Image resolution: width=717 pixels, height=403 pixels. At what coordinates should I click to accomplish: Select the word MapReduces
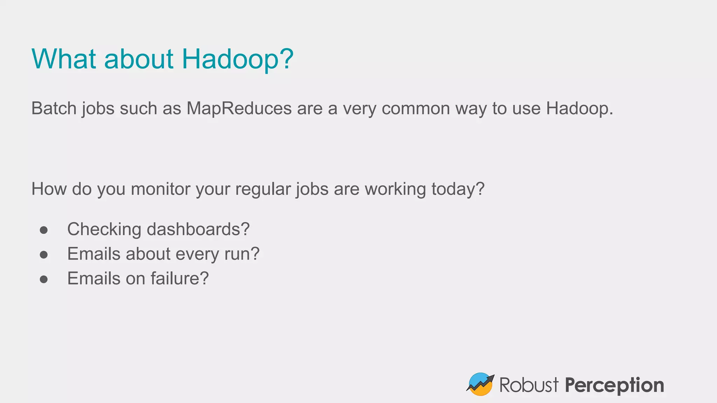[239, 108]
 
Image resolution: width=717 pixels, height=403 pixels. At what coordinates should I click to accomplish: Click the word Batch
[54, 108]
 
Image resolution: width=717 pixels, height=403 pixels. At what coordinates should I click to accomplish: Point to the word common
[416, 108]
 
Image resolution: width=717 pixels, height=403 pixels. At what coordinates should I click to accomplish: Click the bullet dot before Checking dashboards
[44, 230]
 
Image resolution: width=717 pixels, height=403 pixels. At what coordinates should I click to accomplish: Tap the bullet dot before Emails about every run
[44, 254]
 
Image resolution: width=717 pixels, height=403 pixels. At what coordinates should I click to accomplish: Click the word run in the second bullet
[238, 254]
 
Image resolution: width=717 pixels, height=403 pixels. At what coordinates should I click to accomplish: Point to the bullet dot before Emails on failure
[44, 279]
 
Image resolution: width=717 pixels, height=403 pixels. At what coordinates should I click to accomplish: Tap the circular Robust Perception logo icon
[480, 384]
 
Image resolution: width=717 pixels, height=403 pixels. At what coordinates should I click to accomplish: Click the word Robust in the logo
[529, 385]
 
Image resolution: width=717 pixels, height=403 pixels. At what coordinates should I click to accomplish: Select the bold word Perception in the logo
[614, 385]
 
